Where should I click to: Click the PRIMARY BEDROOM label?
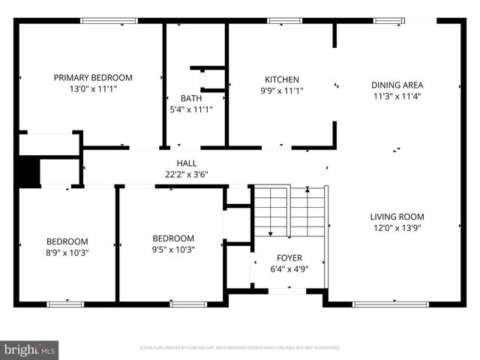pyautogui.click(x=93, y=77)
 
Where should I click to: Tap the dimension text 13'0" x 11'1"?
pyautogui.click(x=93, y=88)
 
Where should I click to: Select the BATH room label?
pyautogui.click(x=190, y=98)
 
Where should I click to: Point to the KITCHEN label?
pyautogui.click(x=282, y=79)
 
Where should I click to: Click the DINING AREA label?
pyautogui.click(x=397, y=85)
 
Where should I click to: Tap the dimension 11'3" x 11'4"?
pyautogui.click(x=397, y=96)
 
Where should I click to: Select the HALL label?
pyautogui.click(x=187, y=163)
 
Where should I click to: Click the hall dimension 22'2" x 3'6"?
pyautogui.click(x=187, y=174)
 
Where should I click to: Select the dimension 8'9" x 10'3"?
pyautogui.click(x=67, y=253)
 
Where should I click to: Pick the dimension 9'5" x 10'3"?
pyautogui.click(x=173, y=250)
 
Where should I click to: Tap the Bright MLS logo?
pyautogui.click(x=30, y=349)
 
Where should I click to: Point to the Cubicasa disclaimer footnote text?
pyautogui.click(x=240, y=348)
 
